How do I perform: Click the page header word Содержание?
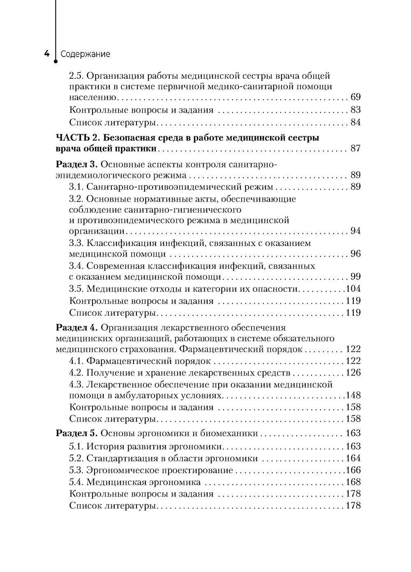point(85,54)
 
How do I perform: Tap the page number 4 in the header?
point(46,54)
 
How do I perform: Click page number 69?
point(356,97)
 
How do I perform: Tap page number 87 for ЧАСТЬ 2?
point(356,148)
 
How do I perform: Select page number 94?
point(356,231)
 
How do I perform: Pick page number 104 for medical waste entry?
point(354,288)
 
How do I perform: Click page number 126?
point(353,373)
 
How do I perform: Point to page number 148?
point(353,395)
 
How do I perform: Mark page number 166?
point(353,470)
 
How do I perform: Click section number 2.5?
point(76,76)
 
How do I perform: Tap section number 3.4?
point(76,266)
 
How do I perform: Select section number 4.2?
point(76,373)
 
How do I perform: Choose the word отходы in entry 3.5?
point(159,288)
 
